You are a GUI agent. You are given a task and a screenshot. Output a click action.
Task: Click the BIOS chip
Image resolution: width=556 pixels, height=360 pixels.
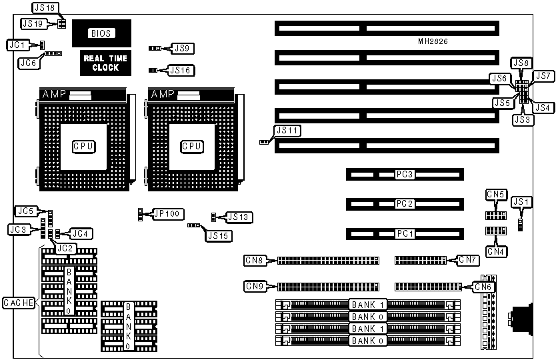(x=101, y=33)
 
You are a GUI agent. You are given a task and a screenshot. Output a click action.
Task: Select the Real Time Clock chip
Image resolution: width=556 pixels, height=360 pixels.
(x=101, y=63)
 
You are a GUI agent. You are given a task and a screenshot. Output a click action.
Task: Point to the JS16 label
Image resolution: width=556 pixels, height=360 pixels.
(x=181, y=69)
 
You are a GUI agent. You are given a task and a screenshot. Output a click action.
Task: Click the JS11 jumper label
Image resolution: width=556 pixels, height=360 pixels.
(x=287, y=131)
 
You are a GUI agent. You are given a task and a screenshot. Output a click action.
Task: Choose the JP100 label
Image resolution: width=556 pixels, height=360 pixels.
(x=166, y=214)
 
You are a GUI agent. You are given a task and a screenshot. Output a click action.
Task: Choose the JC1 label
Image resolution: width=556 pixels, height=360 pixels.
(x=17, y=45)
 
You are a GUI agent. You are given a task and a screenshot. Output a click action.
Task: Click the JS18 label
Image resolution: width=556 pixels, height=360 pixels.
(x=47, y=8)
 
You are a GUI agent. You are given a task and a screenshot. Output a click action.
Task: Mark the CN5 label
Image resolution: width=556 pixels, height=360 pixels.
(x=495, y=195)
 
